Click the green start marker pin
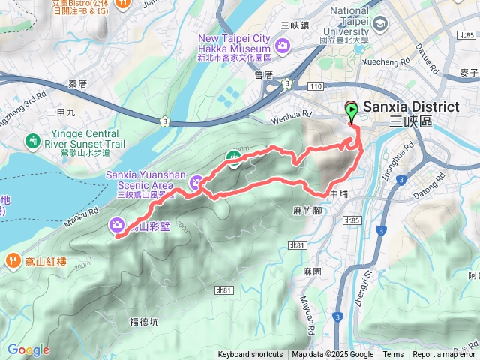(x=352, y=112)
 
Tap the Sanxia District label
(x=410, y=107)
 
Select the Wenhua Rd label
(x=292, y=115)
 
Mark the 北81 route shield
(x=298, y=245)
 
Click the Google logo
(x=28, y=349)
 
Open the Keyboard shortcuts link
(x=250, y=355)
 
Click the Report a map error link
(x=444, y=355)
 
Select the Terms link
(x=393, y=355)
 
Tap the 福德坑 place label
(x=144, y=322)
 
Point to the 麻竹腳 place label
(x=307, y=211)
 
